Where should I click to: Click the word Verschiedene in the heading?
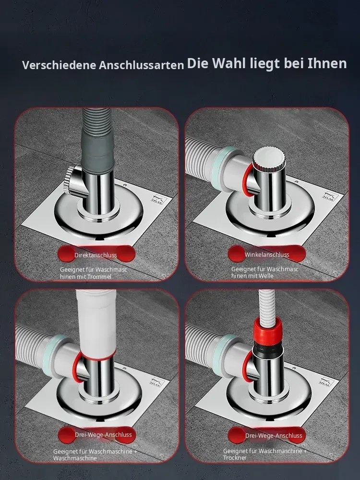click(59, 65)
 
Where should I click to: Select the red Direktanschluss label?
click(96, 255)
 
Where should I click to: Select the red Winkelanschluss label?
click(266, 254)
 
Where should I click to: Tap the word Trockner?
click(235, 457)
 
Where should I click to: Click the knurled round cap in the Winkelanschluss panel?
click(269, 158)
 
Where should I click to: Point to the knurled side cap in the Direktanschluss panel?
click(69, 180)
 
